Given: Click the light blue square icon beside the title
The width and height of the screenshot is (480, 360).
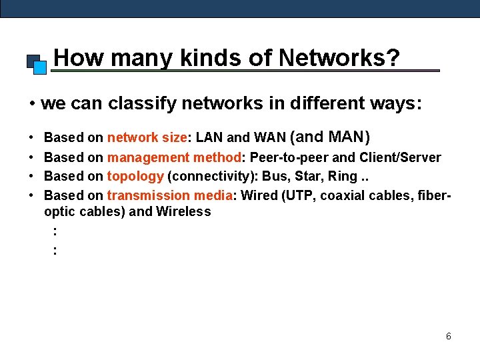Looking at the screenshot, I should pyautogui.click(x=40, y=67).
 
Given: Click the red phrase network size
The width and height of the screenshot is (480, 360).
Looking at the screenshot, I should pyautogui.click(x=147, y=138).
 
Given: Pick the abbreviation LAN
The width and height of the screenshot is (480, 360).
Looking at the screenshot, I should pyautogui.click(x=209, y=138).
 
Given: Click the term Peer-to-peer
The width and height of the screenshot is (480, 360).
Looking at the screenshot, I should pyautogui.click(x=288, y=158).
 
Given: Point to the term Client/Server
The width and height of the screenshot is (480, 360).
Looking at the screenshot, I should pyautogui.click(x=400, y=158).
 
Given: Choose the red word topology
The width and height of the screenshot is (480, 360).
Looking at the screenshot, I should pyautogui.click(x=135, y=177).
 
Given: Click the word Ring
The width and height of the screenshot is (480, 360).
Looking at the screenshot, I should pyautogui.click(x=343, y=177).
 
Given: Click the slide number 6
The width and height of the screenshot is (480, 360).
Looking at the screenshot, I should pyautogui.click(x=448, y=337).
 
